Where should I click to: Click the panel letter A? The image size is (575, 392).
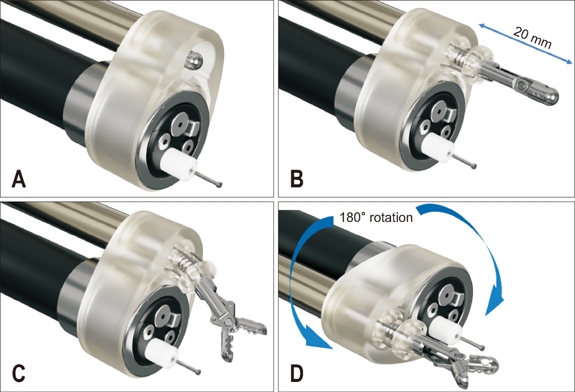point(19,180)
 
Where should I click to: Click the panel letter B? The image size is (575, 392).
point(297,179)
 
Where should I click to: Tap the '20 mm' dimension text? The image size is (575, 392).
point(533,38)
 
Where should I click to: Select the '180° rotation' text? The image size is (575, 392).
point(376,218)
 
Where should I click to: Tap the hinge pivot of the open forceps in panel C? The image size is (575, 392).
point(228,322)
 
